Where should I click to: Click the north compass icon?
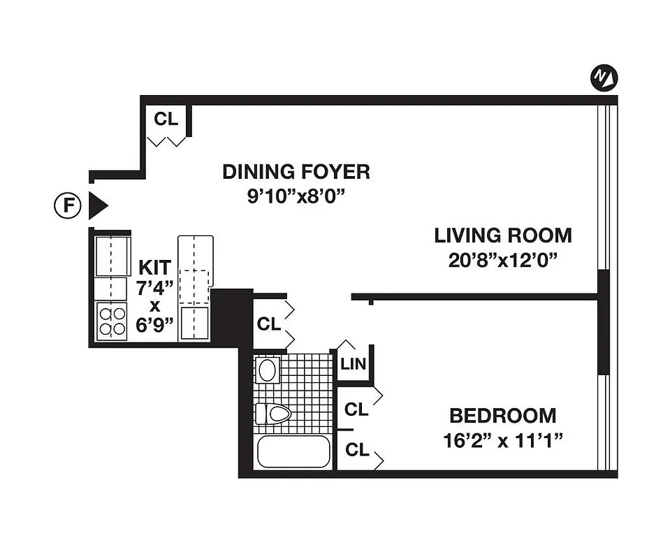point(604,78)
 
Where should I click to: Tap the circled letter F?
point(67,205)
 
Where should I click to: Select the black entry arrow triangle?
point(97,205)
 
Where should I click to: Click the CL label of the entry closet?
point(166,118)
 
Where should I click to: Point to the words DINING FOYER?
point(296,171)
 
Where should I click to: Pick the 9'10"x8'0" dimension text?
point(296,196)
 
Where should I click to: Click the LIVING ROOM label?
point(502,235)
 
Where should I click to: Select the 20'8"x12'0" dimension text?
point(502,261)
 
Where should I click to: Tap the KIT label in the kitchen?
point(154,267)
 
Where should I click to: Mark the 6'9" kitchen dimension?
point(154,326)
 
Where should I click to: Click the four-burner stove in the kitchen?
point(112,321)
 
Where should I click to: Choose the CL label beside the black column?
point(268,324)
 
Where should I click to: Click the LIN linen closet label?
point(353,365)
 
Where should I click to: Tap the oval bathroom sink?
point(268,370)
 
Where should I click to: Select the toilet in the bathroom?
point(272,414)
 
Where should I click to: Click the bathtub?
point(293,451)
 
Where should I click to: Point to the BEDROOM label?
point(502,416)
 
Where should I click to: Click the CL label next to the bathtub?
point(356,451)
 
